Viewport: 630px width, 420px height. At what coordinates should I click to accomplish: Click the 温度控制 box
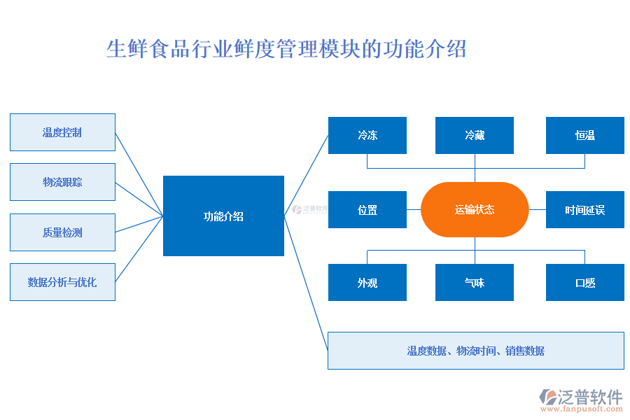62,132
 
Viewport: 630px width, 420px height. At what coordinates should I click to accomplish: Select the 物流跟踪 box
62,182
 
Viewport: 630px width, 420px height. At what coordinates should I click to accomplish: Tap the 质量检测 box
62,232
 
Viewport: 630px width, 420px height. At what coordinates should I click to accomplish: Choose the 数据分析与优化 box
62,282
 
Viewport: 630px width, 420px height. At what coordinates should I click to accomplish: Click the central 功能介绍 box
223,216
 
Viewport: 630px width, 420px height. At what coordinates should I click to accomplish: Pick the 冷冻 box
367,135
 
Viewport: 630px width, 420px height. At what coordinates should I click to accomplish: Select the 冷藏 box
475,135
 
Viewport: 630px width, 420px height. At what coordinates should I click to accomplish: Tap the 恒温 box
585,135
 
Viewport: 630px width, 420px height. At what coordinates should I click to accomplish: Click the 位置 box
367,209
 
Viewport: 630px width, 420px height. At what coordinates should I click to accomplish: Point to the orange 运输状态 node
475,209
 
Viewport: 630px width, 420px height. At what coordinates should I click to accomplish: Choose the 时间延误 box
585,209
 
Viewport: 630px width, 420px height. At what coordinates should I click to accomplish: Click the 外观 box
367,283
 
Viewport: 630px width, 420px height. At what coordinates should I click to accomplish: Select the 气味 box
475,283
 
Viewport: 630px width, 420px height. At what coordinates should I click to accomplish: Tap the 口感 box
585,283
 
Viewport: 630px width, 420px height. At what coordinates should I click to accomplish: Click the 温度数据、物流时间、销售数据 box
476,351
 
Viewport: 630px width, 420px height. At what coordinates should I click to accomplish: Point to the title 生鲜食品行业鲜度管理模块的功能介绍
286,50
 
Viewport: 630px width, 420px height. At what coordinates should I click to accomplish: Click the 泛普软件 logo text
589,397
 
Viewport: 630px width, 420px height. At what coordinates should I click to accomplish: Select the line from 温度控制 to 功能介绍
139,174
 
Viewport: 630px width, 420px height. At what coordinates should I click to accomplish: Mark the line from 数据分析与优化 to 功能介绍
139,249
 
